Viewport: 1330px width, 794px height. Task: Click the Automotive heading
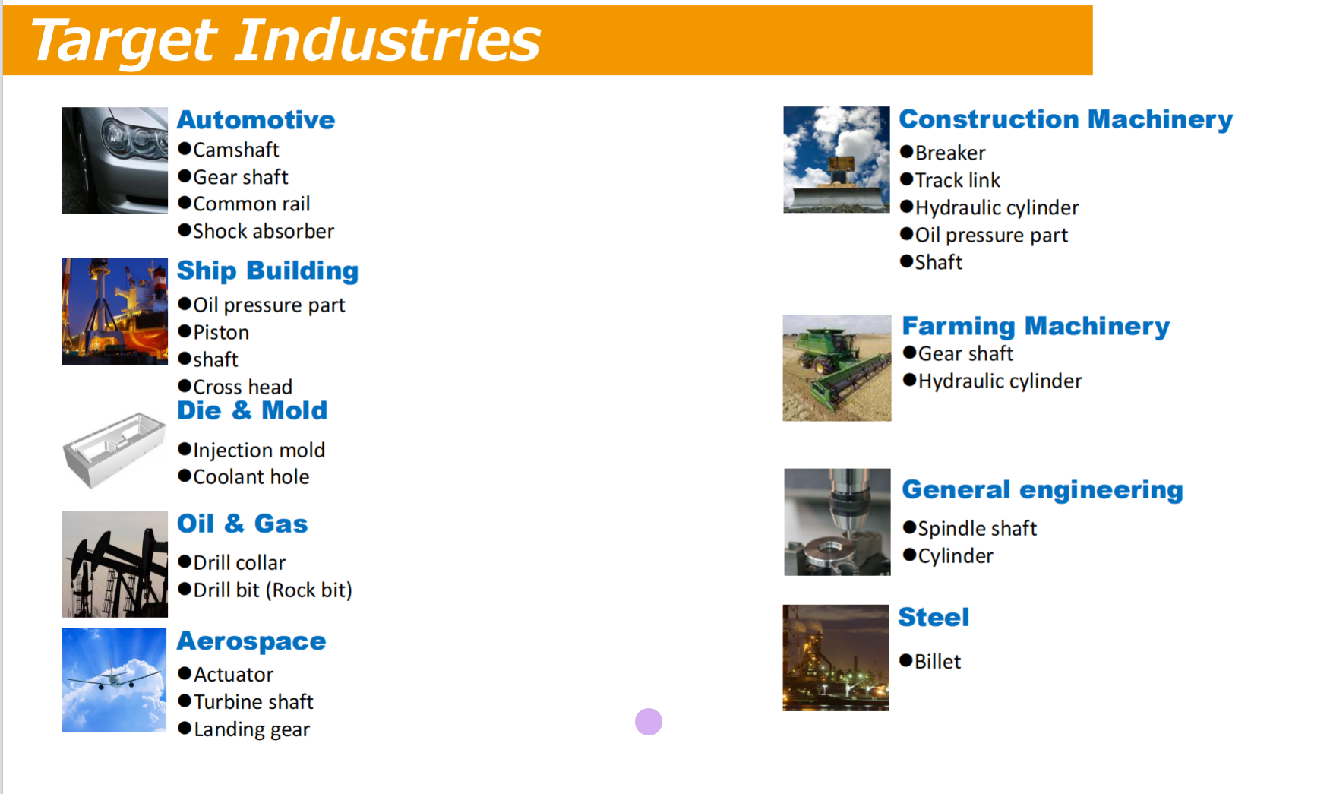point(256,120)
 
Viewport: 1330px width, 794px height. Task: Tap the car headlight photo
point(115,160)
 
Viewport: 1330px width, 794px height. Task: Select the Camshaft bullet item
point(229,150)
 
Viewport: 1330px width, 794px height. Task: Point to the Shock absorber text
point(256,231)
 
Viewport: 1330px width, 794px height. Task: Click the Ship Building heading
point(267,271)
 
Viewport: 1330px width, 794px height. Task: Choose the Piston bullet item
point(213,332)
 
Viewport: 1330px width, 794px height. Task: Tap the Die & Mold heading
point(252,410)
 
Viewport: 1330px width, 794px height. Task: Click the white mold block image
point(114,449)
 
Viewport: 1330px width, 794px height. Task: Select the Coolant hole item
point(244,477)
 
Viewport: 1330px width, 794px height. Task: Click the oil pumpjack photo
point(115,564)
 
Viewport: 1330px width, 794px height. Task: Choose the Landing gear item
point(244,729)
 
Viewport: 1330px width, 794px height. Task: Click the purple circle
point(649,722)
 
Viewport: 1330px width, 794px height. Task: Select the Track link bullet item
point(950,180)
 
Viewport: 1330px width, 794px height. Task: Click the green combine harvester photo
point(837,368)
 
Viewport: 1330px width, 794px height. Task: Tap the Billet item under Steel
point(930,661)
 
